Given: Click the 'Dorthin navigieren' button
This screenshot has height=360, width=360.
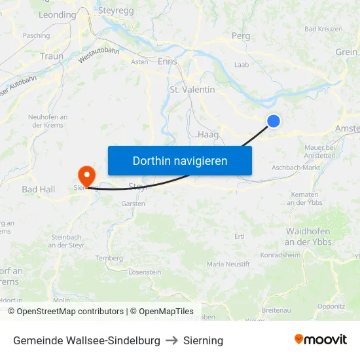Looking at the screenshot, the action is click(180, 160).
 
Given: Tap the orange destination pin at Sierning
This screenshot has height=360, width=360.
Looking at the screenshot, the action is click(86, 175).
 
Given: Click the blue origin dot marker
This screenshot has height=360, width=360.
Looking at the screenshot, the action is click(274, 120).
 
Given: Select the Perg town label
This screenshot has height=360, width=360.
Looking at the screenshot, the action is click(241, 36).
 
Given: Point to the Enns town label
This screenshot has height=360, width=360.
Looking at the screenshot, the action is click(168, 61).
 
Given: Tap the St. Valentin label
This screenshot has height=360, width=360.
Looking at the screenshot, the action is click(192, 89).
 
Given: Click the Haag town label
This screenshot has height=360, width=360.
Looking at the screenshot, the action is click(208, 134).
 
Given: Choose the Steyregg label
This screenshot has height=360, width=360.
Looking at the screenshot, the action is click(117, 10).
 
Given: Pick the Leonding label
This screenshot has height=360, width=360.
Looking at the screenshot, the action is click(58, 14).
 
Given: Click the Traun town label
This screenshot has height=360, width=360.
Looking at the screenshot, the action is click(52, 56).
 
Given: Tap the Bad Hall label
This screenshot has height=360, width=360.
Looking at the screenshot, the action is click(39, 189).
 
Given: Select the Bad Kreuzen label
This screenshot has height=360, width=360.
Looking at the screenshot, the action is click(323, 29).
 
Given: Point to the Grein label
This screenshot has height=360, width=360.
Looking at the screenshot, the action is click(346, 52).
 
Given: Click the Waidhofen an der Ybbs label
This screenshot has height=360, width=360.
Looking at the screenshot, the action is click(308, 236).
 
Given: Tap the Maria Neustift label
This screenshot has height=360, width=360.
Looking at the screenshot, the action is click(228, 264).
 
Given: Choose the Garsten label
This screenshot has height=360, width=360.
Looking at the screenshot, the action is click(133, 204).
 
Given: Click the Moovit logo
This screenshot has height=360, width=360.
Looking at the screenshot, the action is click(321, 340).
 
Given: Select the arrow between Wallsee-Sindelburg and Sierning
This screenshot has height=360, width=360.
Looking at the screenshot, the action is click(171, 340).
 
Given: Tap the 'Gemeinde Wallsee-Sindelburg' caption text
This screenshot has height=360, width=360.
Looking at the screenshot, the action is click(86, 340).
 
